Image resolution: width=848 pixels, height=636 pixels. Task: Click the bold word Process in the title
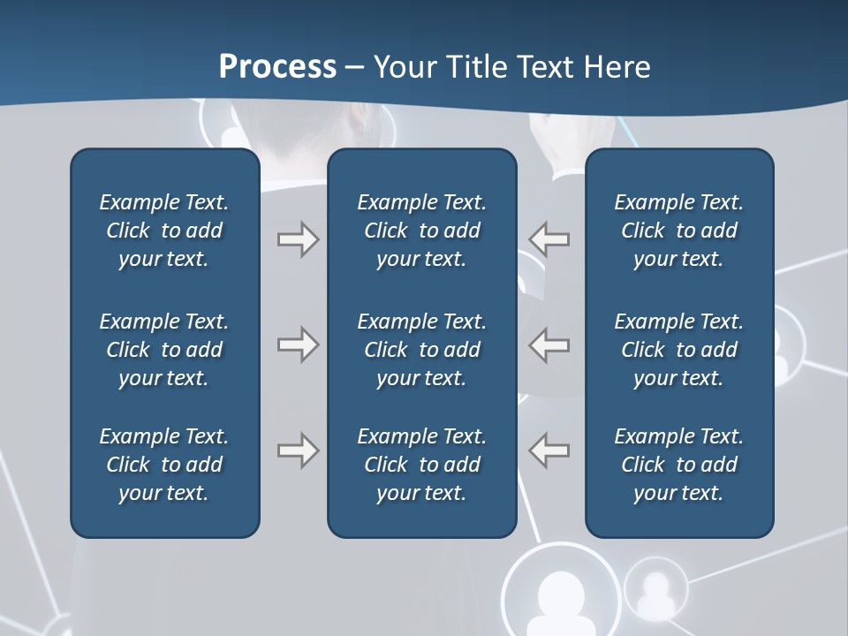pos(277,67)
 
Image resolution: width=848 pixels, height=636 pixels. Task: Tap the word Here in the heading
pos(616,67)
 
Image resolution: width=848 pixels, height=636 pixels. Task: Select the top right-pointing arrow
pos(298,239)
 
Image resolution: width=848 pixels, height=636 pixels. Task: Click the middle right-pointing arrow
pos(298,344)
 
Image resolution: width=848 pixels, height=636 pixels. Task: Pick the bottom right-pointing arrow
pos(298,450)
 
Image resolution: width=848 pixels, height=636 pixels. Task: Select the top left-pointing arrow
pos(549,239)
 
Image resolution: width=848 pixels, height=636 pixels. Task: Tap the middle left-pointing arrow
pos(549,344)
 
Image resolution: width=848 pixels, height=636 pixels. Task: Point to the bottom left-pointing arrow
pos(549,450)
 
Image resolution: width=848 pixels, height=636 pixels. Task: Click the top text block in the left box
pos(164,231)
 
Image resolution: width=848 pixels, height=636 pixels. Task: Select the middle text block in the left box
pos(164,350)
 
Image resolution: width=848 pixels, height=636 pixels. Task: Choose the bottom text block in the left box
pos(164,465)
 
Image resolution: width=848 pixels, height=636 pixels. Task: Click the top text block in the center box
pos(421,231)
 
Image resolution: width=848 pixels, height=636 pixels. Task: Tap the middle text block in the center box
pos(421,350)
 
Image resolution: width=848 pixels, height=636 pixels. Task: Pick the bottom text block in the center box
pos(421,465)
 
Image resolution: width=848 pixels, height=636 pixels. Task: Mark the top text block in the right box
pos(679,231)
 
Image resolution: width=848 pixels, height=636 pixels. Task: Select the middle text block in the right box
pos(679,350)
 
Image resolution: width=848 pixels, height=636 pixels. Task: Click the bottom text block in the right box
pos(679,465)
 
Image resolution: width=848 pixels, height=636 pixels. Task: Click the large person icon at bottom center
pos(561,596)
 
